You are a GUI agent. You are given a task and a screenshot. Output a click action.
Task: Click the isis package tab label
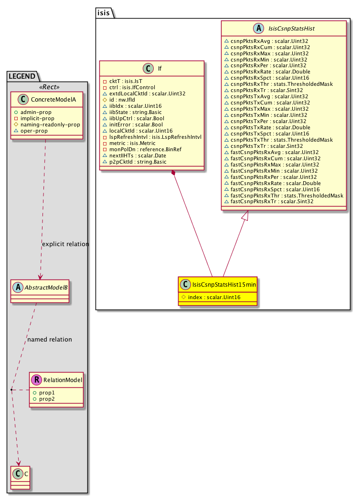click(103, 13)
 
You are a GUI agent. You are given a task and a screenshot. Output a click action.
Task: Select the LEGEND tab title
click(22, 76)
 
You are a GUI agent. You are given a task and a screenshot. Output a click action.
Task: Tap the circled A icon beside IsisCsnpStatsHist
click(259, 28)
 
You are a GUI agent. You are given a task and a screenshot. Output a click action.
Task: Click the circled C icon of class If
click(148, 68)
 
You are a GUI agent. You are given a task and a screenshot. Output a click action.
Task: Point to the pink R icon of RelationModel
click(37, 380)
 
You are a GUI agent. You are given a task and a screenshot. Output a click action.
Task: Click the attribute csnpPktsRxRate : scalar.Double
click(270, 72)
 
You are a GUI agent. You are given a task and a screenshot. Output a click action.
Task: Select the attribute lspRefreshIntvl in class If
click(155, 137)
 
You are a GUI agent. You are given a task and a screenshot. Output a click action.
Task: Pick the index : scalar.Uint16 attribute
click(214, 297)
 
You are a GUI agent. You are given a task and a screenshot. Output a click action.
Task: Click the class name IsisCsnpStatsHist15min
click(224, 285)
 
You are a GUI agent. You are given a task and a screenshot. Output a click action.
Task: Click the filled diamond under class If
click(173, 173)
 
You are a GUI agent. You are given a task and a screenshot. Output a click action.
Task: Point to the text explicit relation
click(65, 244)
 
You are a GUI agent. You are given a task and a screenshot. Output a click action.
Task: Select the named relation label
click(50, 340)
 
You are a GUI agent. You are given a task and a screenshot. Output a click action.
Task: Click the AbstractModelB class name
click(46, 288)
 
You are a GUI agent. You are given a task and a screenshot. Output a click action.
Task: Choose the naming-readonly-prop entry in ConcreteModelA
click(50, 124)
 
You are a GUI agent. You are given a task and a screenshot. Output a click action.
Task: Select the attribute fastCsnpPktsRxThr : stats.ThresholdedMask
click(287, 196)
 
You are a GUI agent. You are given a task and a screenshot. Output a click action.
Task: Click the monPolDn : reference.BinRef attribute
click(145, 149)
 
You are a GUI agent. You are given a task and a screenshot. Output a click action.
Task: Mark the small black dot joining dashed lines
click(11, 389)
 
